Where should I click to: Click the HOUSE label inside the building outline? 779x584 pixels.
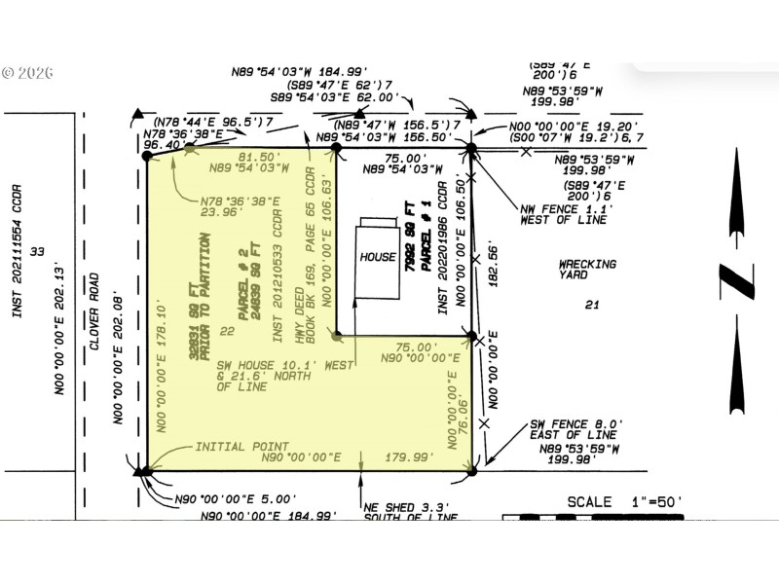379,257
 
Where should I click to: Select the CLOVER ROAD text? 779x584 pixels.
94,310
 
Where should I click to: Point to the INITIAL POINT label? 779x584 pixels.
241,447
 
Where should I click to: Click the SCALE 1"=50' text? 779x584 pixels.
624,502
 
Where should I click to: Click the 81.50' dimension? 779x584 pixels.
260,157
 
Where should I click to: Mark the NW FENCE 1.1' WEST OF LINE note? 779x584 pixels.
564,213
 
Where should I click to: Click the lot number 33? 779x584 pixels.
38,252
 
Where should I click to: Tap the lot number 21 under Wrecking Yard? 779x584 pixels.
591,305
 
